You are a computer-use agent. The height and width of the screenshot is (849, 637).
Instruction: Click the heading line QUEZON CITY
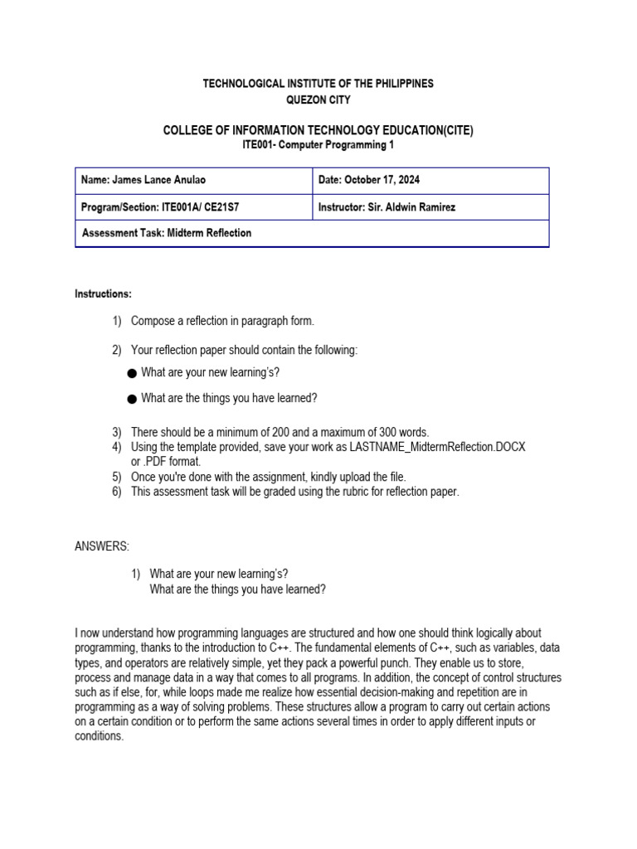[318, 99]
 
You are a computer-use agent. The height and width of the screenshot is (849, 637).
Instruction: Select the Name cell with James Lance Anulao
[193, 181]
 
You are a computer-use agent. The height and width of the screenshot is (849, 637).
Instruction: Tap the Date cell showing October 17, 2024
[430, 181]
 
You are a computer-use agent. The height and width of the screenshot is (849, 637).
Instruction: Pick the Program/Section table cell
[193, 207]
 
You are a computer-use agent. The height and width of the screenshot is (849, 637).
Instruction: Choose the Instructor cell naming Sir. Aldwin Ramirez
[430, 207]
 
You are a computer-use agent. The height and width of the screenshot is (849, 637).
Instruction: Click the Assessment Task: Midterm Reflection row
[311, 233]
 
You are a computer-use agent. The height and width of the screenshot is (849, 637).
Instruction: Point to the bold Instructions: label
[103, 294]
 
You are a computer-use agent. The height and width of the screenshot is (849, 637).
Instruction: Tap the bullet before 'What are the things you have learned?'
[132, 399]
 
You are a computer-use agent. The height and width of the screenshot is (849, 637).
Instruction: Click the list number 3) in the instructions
[117, 432]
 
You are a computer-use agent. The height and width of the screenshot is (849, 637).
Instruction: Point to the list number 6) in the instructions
[117, 492]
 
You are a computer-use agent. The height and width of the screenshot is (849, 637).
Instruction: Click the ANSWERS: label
[102, 546]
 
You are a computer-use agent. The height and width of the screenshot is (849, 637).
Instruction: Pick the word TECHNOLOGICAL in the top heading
[241, 84]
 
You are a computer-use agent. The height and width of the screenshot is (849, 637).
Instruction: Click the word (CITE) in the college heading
[457, 129]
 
